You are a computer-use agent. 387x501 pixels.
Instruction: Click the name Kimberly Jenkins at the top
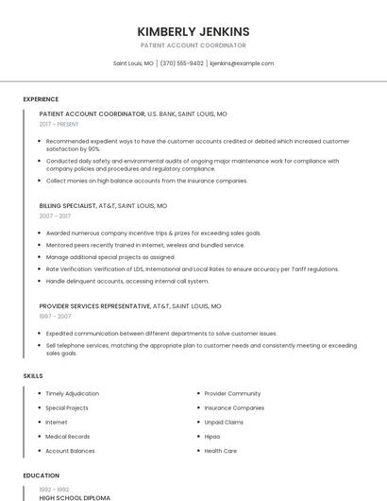coord(193,31)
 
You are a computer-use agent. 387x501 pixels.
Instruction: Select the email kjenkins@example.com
coord(242,63)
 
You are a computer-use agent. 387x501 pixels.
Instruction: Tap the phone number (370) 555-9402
coord(182,63)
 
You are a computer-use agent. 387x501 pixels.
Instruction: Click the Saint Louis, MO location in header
coord(133,63)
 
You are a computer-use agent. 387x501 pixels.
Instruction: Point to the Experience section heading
coord(41,99)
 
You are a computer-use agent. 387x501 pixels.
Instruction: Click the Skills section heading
coord(33,376)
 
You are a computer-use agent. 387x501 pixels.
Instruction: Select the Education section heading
coord(42,475)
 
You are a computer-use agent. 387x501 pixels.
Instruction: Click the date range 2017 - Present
coord(59,124)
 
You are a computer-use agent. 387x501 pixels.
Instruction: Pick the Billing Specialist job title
coord(68,205)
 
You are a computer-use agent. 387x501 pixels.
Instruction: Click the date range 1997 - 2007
coord(57,317)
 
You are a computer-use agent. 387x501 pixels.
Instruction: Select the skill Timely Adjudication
coord(72,393)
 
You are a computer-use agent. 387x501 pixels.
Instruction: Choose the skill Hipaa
coord(212,437)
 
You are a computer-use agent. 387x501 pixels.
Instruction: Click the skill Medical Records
coord(68,437)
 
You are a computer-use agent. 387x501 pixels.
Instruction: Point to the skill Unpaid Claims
coord(224,423)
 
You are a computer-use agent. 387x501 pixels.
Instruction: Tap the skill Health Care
coord(221,451)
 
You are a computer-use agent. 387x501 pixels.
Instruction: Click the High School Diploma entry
coord(75,497)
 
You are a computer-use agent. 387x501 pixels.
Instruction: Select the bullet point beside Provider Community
coord(197,393)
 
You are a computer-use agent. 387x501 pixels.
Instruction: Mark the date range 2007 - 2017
coord(55,216)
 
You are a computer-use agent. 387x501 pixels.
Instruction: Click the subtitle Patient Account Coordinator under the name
coord(193,45)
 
